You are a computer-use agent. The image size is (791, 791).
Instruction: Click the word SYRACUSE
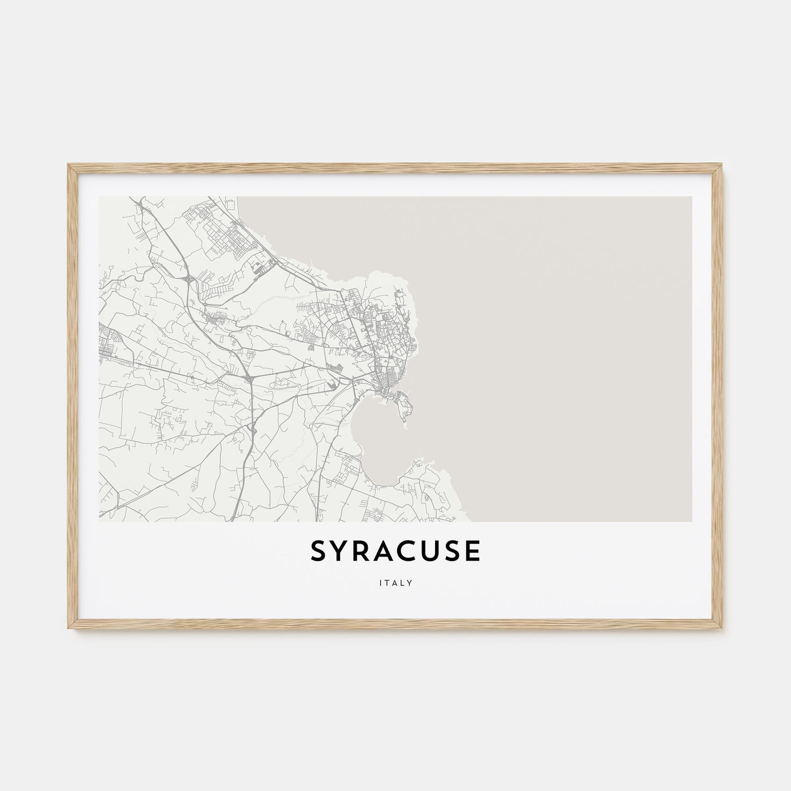395,552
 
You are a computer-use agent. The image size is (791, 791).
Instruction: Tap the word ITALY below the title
395,584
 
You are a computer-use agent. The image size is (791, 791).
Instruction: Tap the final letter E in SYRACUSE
474,552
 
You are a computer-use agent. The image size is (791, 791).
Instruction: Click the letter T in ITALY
388,584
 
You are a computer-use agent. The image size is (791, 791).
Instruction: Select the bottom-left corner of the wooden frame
69,631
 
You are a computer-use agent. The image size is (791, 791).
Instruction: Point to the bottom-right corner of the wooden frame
723,631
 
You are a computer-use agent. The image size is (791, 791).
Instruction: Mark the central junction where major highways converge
249,377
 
